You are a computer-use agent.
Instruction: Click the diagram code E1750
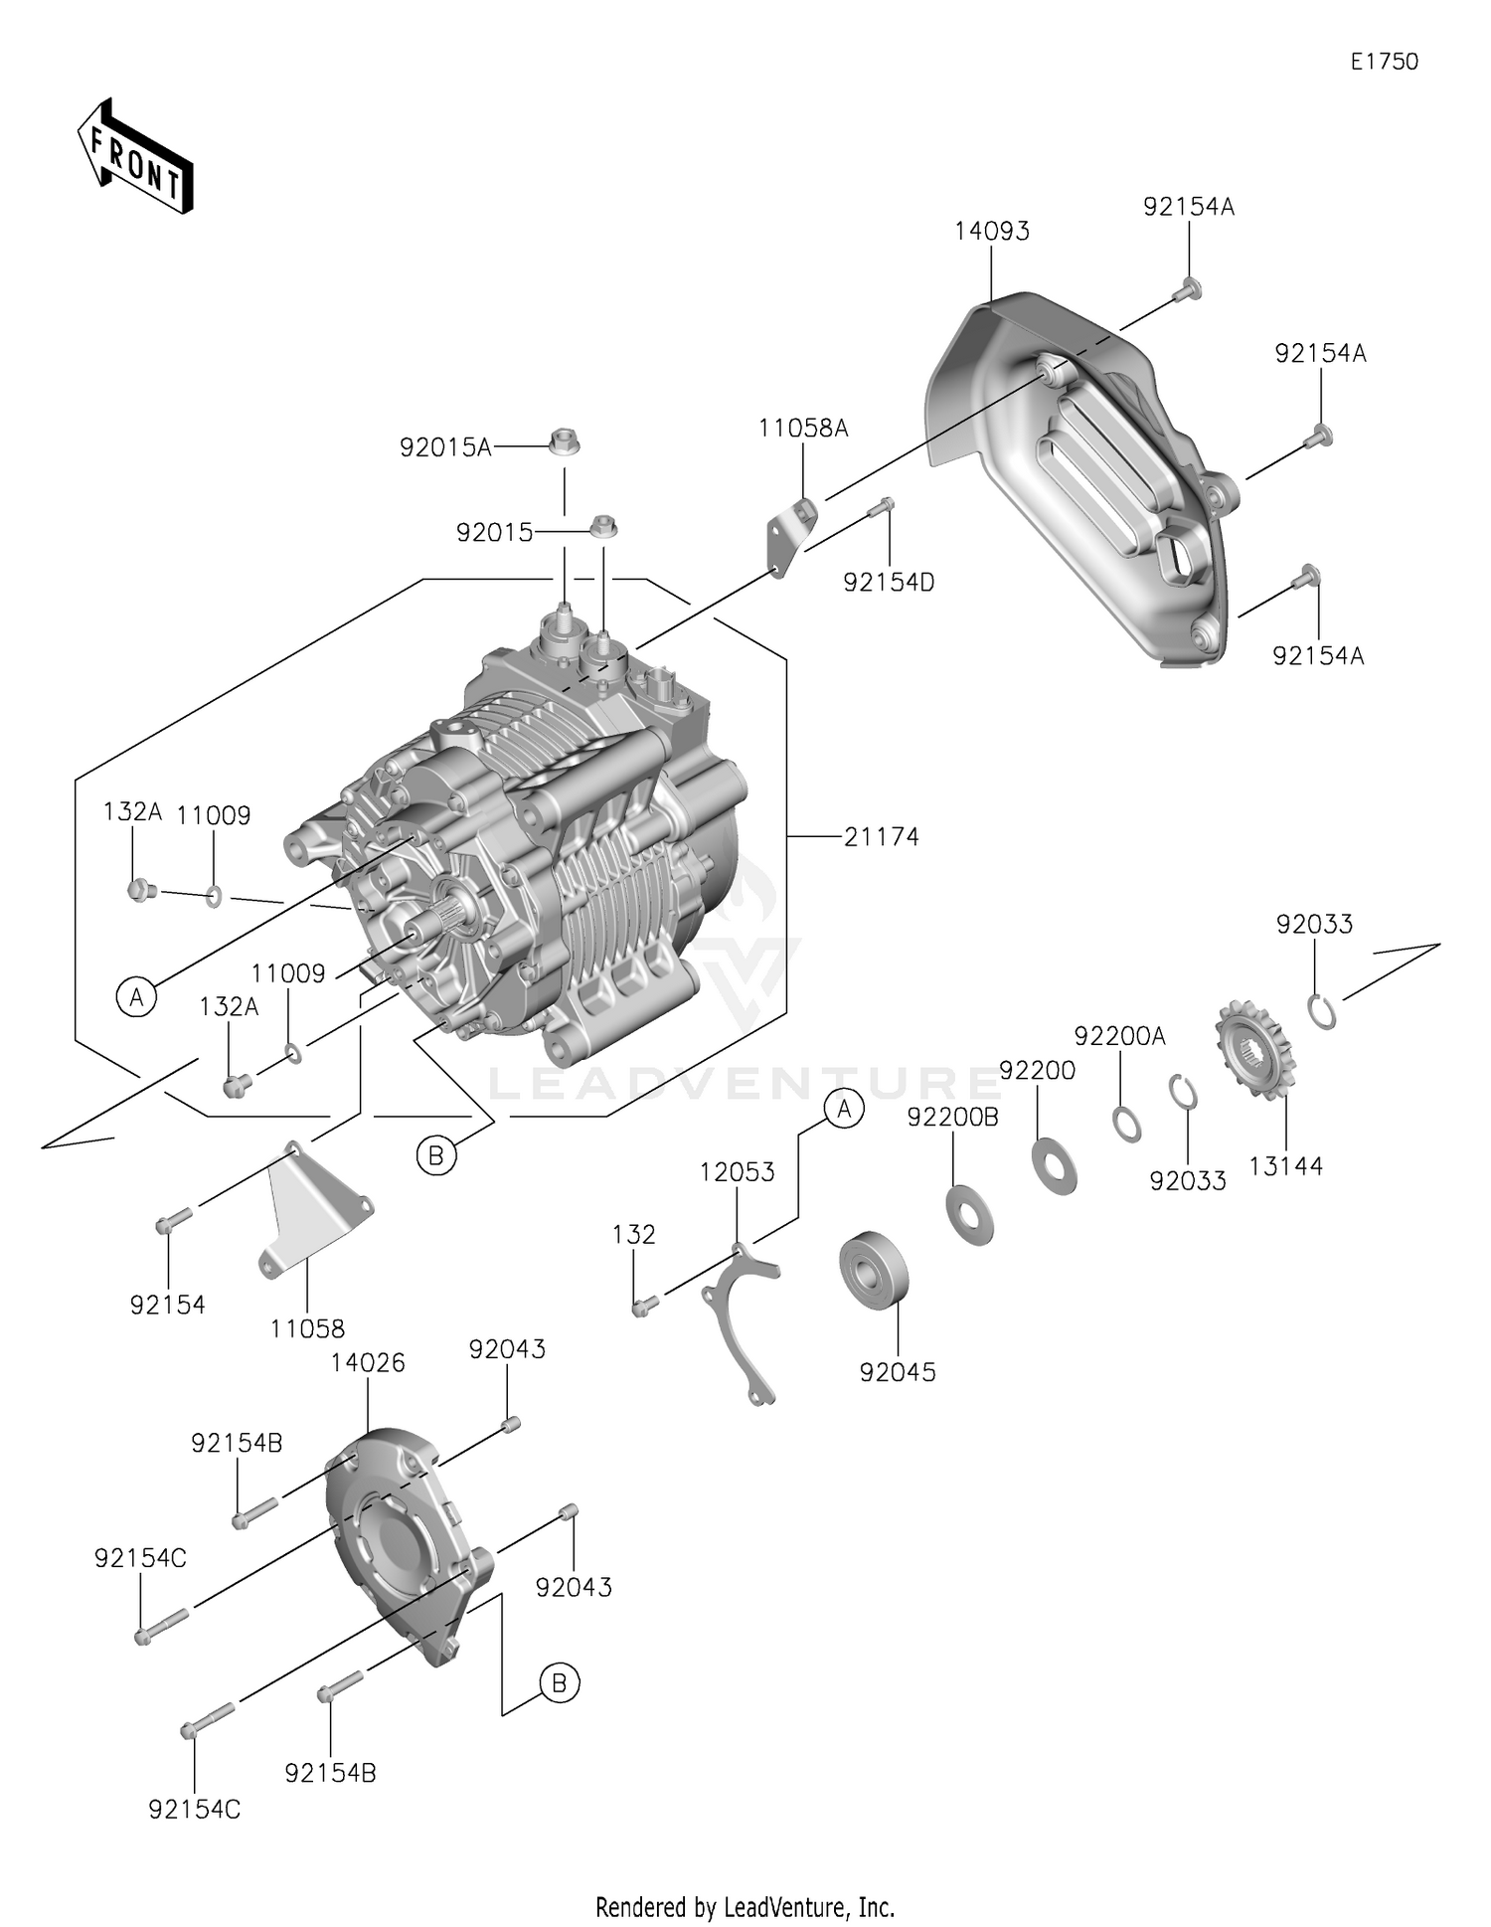(1384, 62)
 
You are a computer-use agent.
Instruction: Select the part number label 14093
(991, 231)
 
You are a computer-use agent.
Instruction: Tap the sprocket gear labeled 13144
(1254, 1050)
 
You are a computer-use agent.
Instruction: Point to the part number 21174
(881, 837)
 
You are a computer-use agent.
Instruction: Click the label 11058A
(803, 429)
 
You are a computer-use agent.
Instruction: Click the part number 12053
(737, 1172)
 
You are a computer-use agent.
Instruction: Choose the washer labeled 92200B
(969, 1213)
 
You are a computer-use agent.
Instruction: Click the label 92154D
(889, 583)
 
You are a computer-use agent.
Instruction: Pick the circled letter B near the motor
(435, 1155)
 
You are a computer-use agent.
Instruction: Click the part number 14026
(368, 1362)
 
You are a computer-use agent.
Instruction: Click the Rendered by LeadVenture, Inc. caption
(745, 1907)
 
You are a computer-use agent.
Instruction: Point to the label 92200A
(1119, 1036)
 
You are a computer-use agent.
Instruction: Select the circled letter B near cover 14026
(559, 1683)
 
